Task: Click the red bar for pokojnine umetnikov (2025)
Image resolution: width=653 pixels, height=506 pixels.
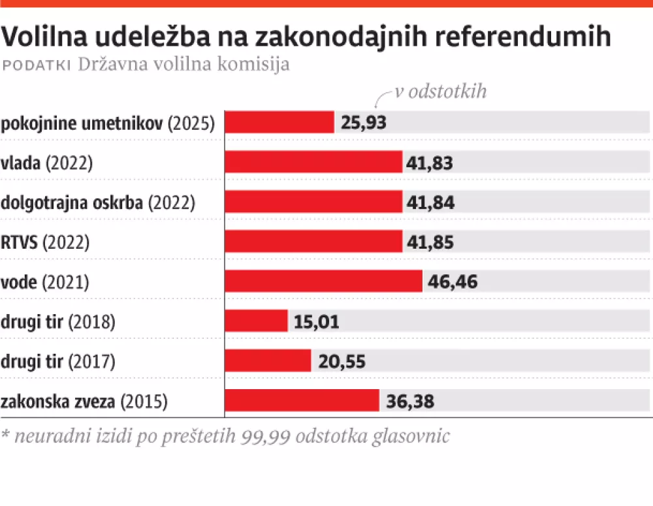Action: pos(279,122)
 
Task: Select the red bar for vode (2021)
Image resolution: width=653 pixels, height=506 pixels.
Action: pos(323,281)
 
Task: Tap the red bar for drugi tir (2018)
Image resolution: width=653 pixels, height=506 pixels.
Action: pos(256,321)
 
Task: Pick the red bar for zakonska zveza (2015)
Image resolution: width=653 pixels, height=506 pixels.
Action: pos(302,400)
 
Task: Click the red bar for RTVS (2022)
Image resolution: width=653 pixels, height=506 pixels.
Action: pos(313,242)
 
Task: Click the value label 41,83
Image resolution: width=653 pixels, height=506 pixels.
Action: pos(429,163)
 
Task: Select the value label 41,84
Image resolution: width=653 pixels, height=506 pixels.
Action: pos(429,202)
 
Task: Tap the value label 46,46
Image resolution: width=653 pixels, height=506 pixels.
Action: pos(452,282)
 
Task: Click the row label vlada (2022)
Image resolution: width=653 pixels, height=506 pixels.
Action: pos(47,163)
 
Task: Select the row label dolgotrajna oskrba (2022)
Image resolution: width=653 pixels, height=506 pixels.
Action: pos(98,202)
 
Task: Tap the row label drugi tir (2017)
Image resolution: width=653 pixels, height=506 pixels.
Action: pos(58,361)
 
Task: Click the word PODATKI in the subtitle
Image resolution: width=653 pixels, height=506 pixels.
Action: pos(37,66)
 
